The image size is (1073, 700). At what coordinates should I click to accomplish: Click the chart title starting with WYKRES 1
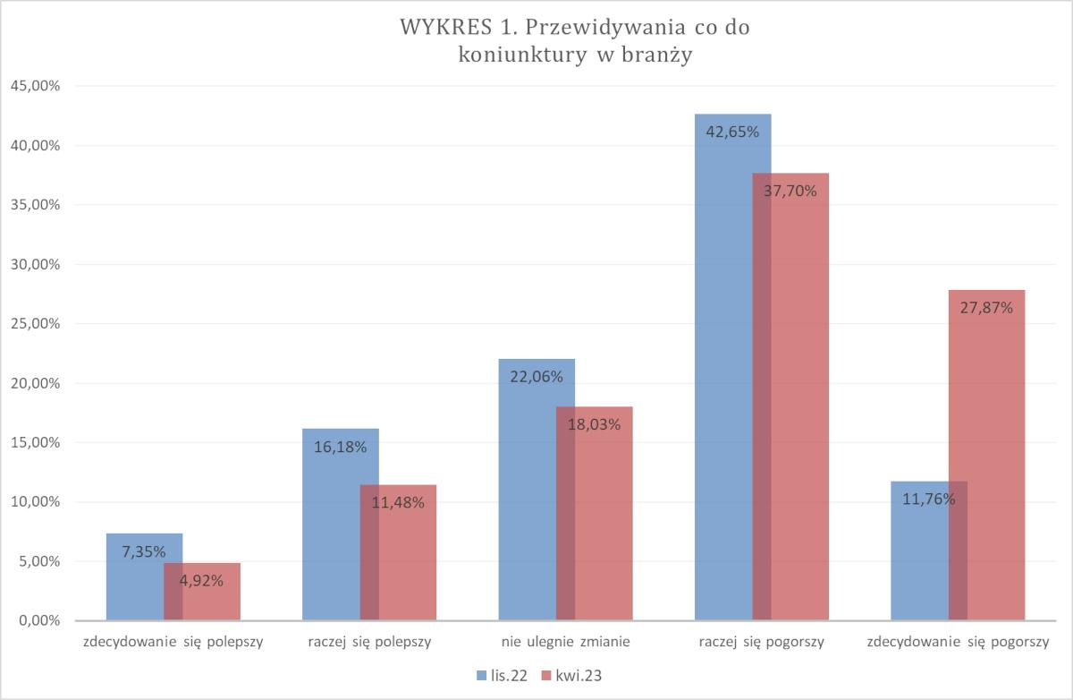[x=575, y=40]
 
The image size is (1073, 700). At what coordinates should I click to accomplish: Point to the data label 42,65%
[x=732, y=132]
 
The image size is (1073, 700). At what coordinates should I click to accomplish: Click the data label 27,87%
[x=986, y=309]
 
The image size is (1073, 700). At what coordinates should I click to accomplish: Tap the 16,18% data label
[x=340, y=447]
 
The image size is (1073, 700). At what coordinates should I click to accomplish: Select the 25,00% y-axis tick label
[x=35, y=323]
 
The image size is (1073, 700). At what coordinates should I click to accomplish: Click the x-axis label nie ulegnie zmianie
[x=565, y=642]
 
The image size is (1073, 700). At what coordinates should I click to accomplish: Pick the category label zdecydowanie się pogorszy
[x=958, y=642]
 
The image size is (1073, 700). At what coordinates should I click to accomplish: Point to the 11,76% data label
[x=929, y=499]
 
